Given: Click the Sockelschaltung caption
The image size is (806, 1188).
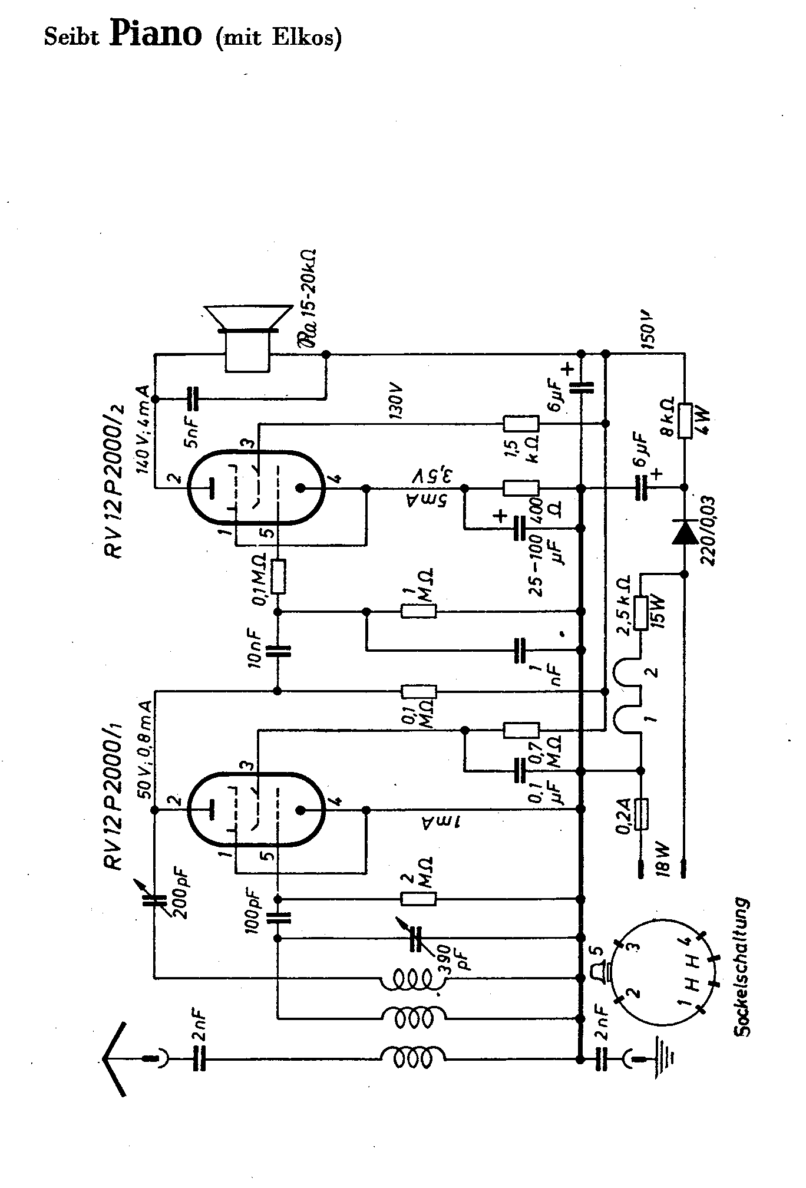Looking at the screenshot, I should point(742,967).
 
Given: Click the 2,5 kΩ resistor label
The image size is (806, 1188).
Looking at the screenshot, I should point(624,604).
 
